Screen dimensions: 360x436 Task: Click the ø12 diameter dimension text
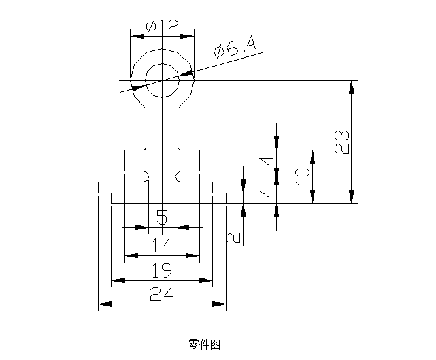click(x=162, y=27)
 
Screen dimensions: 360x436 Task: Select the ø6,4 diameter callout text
click(x=234, y=48)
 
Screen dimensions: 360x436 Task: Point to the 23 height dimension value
click(x=343, y=142)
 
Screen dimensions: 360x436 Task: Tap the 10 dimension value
click(x=303, y=176)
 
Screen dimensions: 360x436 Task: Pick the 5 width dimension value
click(x=162, y=218)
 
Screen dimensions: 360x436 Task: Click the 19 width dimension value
click(x=161, y=270)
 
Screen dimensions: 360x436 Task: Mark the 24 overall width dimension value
click(x=161, y=294)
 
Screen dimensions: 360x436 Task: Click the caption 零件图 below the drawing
click(x=203, y=344)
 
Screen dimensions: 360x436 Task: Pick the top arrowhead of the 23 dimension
click(x=351, y=86)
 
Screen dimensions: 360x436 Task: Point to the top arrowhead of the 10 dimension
click(x=312, y=155)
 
